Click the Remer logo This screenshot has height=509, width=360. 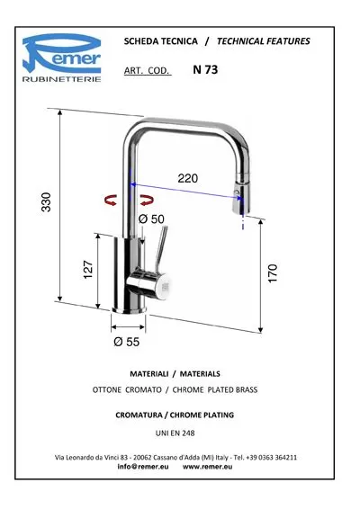(x=62, y=58)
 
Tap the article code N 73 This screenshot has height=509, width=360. (x=205, y=69)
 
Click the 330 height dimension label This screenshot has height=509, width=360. (x=47, y=202)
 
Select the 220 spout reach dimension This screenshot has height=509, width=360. (x=188, y=178)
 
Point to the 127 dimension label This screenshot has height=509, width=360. (x=88, y=269)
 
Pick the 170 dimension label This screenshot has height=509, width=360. (x=273, y=273)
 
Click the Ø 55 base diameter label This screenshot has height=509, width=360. (x=127, y=342)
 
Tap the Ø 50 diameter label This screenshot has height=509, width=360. (x=151, y=219)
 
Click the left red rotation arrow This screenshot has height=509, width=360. (x=111, y=200)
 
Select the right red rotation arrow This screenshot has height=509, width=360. (x=148, y=200)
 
